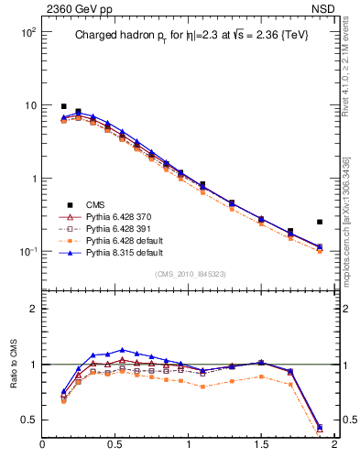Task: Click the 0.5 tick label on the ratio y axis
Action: [28, 420]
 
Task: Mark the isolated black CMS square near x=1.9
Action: [320, 222]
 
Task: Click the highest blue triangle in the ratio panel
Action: [123, 350]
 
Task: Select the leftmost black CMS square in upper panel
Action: [63, 106]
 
